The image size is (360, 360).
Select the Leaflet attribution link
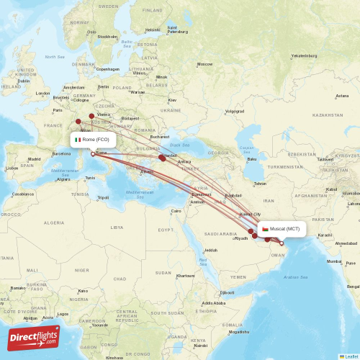click(x=348, y=356)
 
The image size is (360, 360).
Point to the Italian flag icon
click(x=78, y=139)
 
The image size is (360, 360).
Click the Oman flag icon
click(x=266, y=229)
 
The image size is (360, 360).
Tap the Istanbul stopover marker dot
click(x=161, y=157)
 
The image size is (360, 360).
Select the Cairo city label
click(x=176, y=211)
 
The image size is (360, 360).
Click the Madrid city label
click(x=34, y=159)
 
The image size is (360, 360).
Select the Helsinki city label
click(x=153, y=30)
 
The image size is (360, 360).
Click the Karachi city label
click(x=325, y=235)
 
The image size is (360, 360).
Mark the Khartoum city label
click(x=185, y=275)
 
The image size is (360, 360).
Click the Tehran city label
click(x=260, y=184)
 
